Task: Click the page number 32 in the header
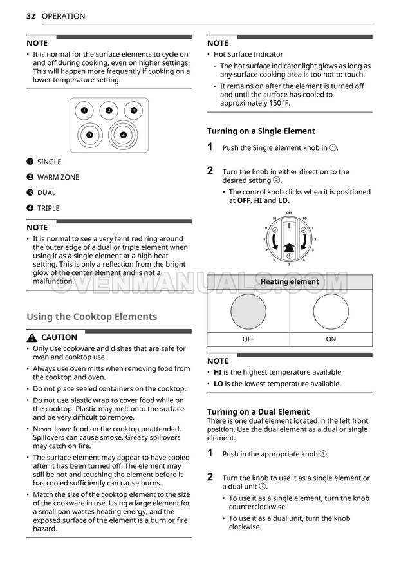[30, 16]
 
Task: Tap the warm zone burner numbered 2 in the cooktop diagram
[109, 111]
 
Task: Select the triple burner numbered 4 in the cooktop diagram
[123, 135]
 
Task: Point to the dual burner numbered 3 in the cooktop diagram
[89, 135]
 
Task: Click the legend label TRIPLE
[48, 208]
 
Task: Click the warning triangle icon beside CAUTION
[32, 338]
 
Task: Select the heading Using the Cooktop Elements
[91, 317]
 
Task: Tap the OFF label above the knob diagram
[289, 212]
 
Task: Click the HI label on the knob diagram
[274, 218]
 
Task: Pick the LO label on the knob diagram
[304, 218]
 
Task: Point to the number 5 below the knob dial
[289, 265]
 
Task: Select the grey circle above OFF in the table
[248, 312]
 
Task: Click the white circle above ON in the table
[331, 312]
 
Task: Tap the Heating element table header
[290, 282]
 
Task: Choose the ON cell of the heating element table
[331, 339]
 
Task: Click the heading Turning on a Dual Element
[258, 411]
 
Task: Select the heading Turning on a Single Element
[261, 131]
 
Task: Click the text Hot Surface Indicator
[248, 55]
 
